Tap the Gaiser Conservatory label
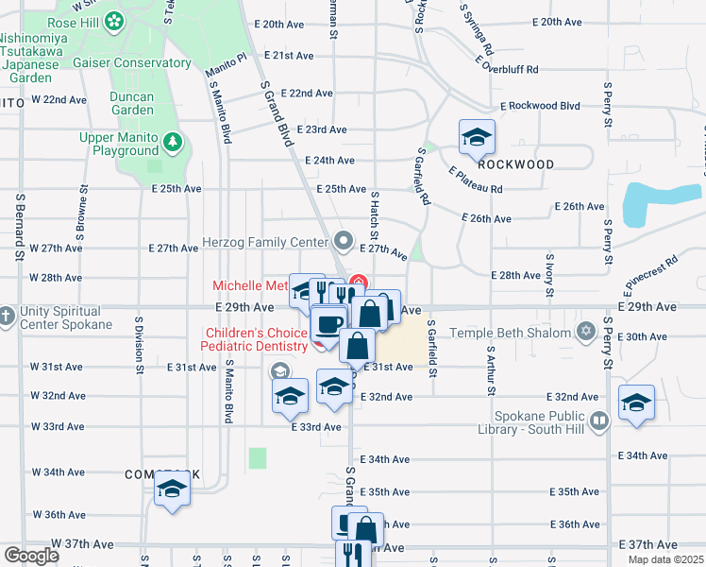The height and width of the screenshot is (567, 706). coord(132,63)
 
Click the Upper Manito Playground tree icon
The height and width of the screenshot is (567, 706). coord(173,143)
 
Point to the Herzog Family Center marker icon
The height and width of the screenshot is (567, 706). coord(343,242)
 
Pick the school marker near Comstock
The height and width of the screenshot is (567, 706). coord(172,489)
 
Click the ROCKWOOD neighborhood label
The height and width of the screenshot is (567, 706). coord(515,164)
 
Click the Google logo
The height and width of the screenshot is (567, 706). coord(30,555)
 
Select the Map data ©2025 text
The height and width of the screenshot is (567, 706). coord(664,559)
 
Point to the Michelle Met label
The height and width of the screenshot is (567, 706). coord(250,285)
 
